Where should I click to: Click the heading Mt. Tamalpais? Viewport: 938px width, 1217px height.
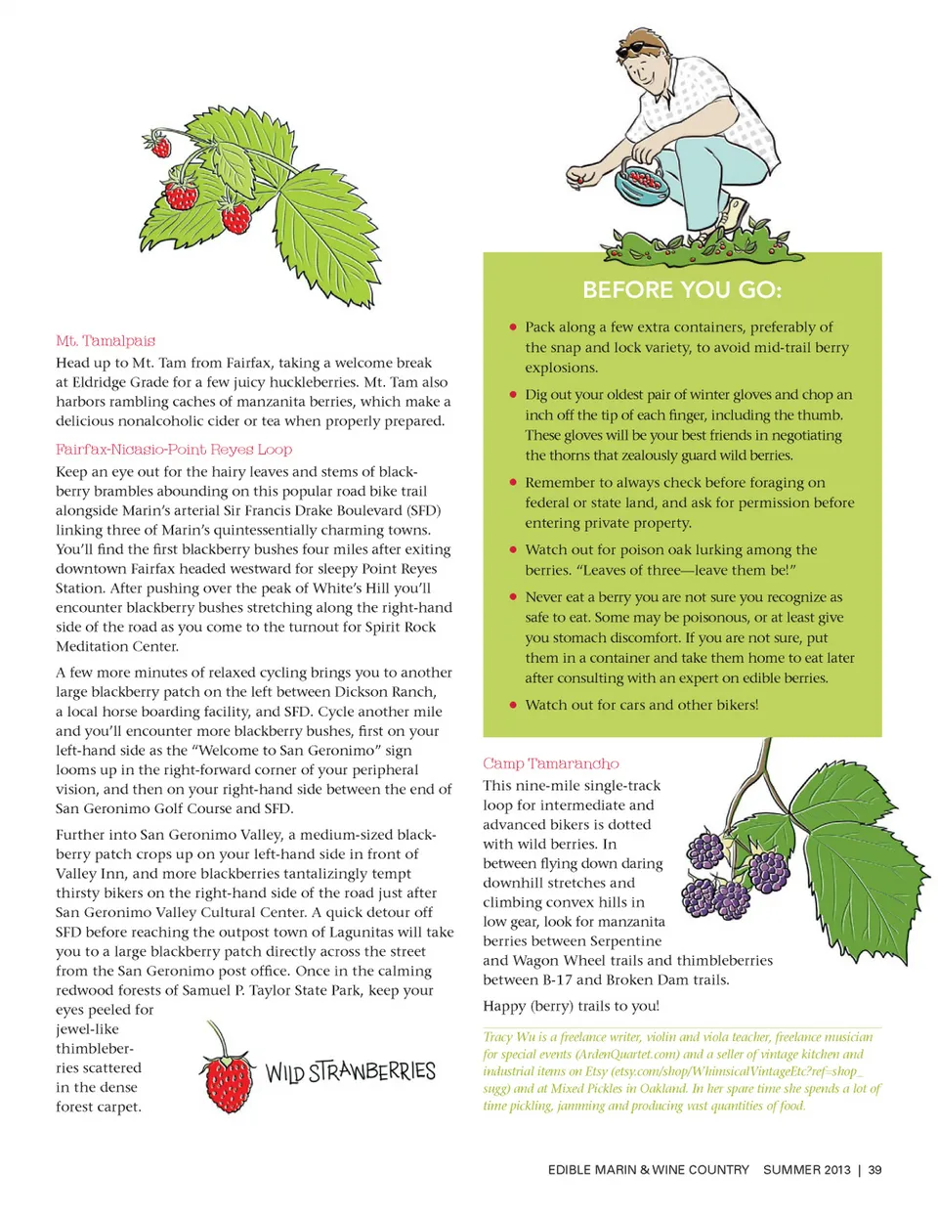(x=106, y=341)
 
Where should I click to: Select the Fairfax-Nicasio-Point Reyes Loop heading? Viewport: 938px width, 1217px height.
(x=174, y=450)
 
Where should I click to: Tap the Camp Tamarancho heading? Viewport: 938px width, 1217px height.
(x=550, y=763)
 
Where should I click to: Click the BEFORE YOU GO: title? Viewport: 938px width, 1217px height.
(x=682, y=290)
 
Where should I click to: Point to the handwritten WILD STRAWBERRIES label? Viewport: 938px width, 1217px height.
(x=350, y=1072)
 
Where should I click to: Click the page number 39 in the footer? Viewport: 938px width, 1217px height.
(x=874, y=1170)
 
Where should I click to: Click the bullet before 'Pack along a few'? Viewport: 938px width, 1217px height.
(x=513, y=327)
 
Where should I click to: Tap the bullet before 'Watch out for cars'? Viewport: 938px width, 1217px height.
(x=513, y=705)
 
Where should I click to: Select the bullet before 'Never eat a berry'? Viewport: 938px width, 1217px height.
(x=513, y=597)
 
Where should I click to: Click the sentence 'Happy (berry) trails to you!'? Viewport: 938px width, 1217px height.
(x=571, y=1006)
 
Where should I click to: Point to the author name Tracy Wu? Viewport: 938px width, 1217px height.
(x=503, y=1037)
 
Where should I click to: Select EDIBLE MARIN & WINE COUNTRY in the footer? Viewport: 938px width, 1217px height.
(x=648, y=1170)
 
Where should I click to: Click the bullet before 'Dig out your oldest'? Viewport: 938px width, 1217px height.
(x=513, y=395)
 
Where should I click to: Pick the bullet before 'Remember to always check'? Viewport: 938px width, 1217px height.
(x=513, y=483)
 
